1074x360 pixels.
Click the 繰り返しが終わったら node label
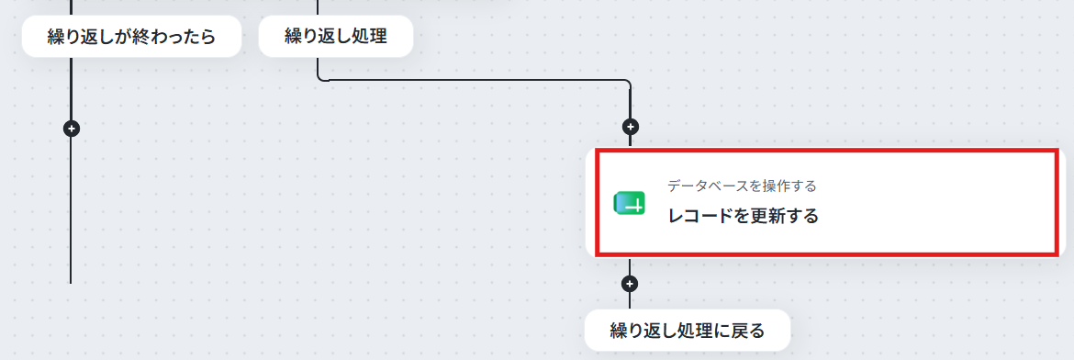131,37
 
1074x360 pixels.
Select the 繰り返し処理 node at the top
336,37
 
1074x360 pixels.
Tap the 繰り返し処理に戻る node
687,331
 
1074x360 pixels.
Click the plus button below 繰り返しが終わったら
72,129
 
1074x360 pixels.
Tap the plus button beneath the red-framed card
630,283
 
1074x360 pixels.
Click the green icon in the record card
630,204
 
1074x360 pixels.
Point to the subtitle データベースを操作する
742,186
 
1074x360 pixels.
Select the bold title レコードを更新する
744,217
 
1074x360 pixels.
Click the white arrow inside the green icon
635,205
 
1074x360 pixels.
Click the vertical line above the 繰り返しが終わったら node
72,7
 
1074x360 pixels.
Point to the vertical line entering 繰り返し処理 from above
318,7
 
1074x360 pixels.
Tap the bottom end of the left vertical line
71,283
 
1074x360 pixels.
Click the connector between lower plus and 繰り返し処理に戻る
630,300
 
